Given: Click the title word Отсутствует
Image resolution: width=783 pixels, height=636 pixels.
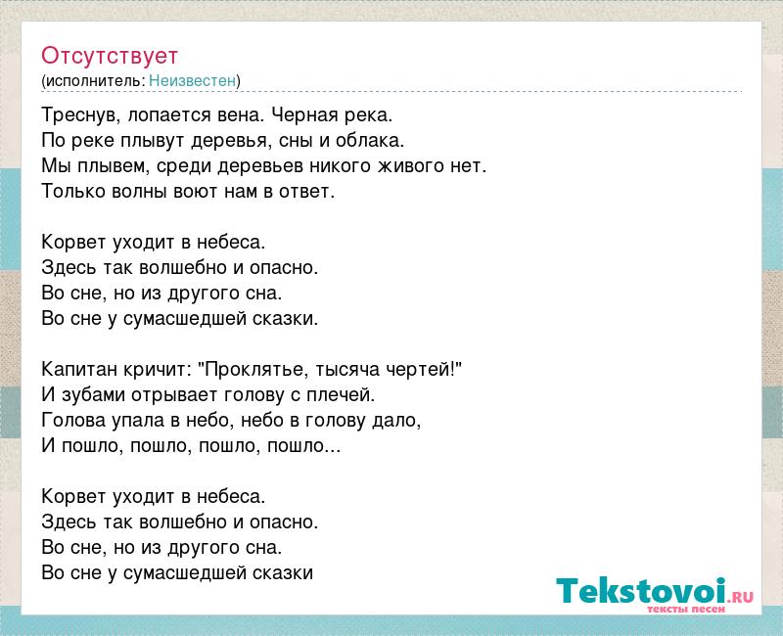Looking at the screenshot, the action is pyautogui.click(x=110, y=56).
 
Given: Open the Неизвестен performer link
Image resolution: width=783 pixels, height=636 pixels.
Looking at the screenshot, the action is pyautogui.click(x=192, y=80).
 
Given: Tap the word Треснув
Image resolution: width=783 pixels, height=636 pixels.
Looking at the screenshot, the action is pyautogui.click(x=80, y=115).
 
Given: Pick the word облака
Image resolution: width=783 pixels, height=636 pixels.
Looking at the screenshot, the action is pyautogui.click(x=370, y=140).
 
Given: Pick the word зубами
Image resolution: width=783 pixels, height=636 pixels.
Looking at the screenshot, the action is pyautogui.click(x=93, y=395).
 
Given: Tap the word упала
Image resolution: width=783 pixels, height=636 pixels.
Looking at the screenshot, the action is pyautogui.click(x=140, y=421).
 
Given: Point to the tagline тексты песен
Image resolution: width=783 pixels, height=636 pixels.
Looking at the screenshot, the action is pyautogui.click(x=686, y=609).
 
